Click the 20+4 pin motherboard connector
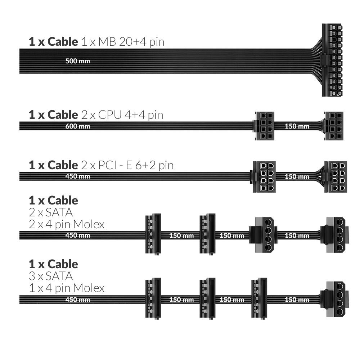[x=332, y=60]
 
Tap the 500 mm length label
[x=78, y=61]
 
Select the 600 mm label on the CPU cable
[x=78, y=126]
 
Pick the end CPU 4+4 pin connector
[x=334, y=126]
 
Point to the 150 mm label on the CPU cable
[x=297, y=126]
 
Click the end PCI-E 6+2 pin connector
[x=336, y=176]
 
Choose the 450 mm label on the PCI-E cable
[x=78, y=177]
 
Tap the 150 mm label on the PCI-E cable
[x=297, y=177]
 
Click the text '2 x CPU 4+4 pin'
[x=122, y=115]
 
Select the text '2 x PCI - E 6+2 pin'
[x=127, y=165]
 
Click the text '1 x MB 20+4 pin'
[x=122, y=42]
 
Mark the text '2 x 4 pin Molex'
[x=67, y=225]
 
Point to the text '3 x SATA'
[x=51, y=276]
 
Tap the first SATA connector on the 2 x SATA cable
[x=153, y=235]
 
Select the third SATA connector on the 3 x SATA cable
[x=259, y=299]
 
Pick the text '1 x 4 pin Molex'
[x=67, y=288]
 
